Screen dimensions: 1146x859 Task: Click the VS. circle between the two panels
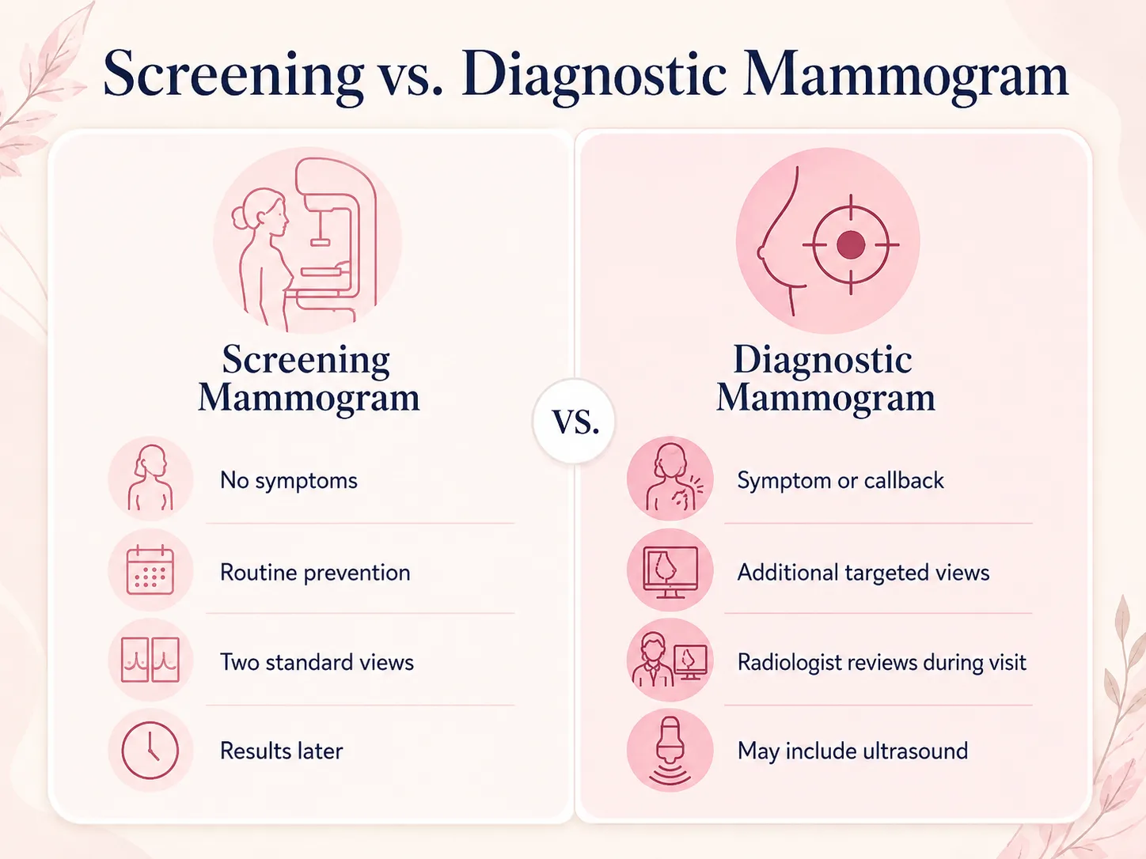574,421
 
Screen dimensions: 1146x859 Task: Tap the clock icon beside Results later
150,750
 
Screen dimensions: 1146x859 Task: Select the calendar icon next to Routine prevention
150,570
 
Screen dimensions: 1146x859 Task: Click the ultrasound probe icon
670,750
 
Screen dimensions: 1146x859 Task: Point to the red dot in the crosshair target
851,244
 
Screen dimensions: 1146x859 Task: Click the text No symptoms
289,481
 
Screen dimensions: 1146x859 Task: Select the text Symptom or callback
840,481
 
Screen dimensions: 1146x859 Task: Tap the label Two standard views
317,662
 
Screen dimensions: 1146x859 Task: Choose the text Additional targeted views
863,573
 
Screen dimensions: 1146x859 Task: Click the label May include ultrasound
852,751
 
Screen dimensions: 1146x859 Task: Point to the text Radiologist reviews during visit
882,662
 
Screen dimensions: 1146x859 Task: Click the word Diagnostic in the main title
594,74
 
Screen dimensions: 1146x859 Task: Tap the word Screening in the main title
233,74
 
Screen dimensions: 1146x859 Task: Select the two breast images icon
150,660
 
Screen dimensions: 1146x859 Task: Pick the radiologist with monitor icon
670,660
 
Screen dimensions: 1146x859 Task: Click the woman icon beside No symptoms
150,477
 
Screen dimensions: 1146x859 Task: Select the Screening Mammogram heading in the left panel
308,379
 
